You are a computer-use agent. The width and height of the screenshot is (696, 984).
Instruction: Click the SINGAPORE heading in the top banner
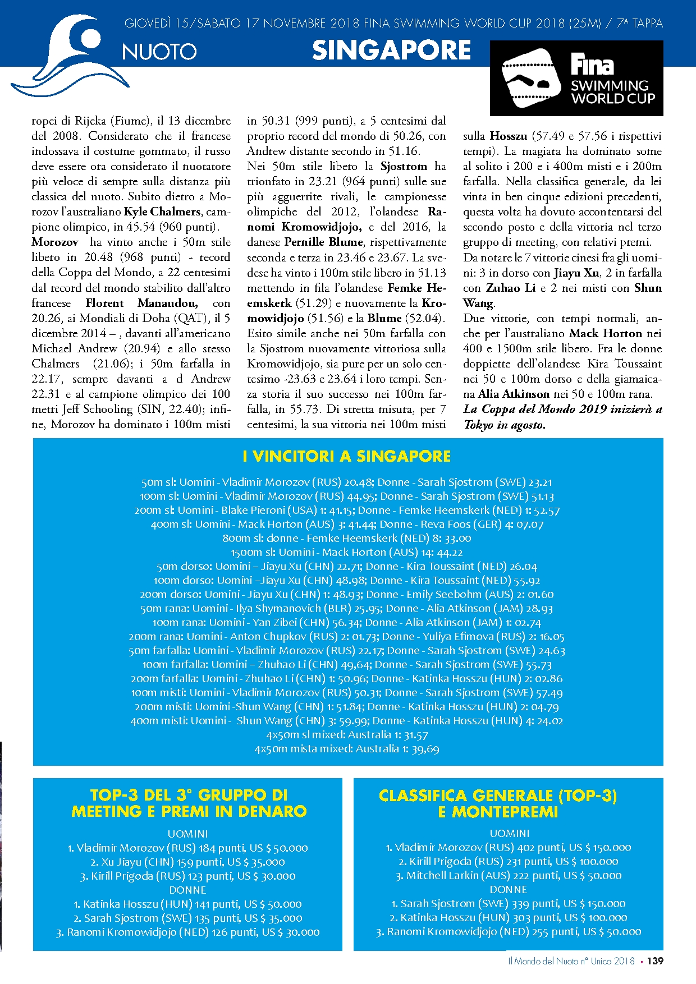pos(391,50)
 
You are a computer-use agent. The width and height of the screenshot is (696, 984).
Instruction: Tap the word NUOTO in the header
pos(159,52)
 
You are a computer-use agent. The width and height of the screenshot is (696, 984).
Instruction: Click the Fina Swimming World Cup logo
pos(576,79)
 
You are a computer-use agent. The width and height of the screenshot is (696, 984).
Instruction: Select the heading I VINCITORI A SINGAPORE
pos(347,456)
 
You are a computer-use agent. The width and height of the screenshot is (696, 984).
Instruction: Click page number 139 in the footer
pos(654,961)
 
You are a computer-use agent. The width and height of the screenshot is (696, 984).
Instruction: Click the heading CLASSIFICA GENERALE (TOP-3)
pos(498,796)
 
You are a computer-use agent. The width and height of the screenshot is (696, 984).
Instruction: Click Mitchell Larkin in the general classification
pos(443,876)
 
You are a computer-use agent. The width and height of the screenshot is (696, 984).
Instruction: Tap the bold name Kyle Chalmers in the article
pos(162,212)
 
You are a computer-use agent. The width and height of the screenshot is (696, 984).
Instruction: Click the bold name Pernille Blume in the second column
pos(323,242)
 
